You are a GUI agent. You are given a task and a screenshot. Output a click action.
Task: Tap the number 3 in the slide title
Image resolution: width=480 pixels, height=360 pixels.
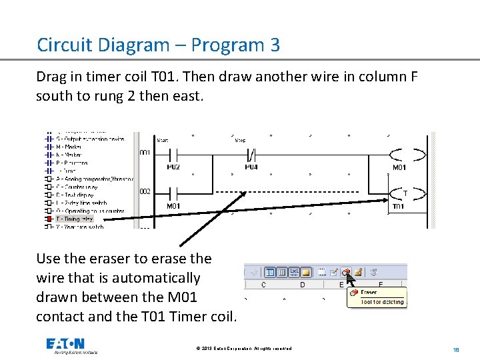(x=275, y=45)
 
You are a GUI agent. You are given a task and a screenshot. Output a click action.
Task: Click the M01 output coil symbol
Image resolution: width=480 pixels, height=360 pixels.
(x=407, y=155)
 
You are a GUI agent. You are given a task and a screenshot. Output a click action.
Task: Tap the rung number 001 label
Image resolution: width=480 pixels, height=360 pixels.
(x=145, y=153)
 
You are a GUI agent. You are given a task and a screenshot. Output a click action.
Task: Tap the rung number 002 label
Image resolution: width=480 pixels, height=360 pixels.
(x=145, y=191)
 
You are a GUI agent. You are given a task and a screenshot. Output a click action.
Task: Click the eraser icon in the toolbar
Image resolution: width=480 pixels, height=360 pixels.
(x=346, y=272)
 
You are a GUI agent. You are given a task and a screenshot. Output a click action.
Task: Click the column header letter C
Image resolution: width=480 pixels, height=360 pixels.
(x=263, y=285)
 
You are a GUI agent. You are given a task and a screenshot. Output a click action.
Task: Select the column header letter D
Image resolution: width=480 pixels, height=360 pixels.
(x=302, y=285)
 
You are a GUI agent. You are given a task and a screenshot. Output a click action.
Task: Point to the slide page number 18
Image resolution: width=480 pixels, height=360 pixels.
(x=456, y=349)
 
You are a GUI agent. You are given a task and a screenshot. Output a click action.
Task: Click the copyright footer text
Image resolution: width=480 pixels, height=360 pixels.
(x=244, y=349)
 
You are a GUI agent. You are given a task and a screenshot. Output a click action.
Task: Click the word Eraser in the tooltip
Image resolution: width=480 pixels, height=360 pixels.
(x=369, y=292)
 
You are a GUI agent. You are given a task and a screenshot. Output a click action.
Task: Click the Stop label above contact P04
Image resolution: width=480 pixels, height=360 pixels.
(x=240, y=141)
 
